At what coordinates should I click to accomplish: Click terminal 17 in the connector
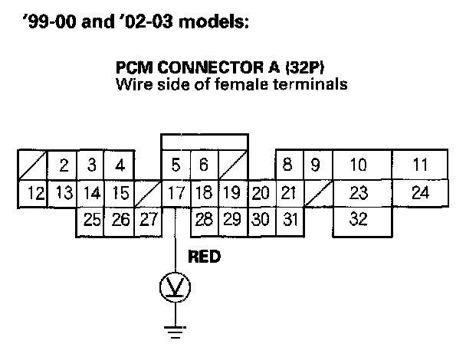pyautogui.click(x=176, y=193)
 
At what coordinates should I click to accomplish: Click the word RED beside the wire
pyautogui.click(x=205, y=257)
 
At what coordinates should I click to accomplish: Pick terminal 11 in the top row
pyautogui.click(x=419, y=165)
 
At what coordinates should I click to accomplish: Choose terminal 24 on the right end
pyautogui.click(x=419, y=193)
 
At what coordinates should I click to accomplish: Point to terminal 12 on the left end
pyautogui.click(x=34, y=193)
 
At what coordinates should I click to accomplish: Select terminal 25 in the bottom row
pyautogui.click(x=92, y=221)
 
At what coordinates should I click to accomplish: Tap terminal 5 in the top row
pyautogui.click(x=176, y=165)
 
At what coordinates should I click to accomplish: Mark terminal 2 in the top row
pyautogui.click(x=64, y=165)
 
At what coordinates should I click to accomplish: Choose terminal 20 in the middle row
pyautogui.click(x=261, y=193)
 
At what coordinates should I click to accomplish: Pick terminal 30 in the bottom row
pyautogui.click(x=261, y=221)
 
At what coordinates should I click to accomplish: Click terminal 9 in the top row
pyautogui.click(x=314, y=165)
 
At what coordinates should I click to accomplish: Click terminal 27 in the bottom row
pyautogui.click(x=148, y=221)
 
